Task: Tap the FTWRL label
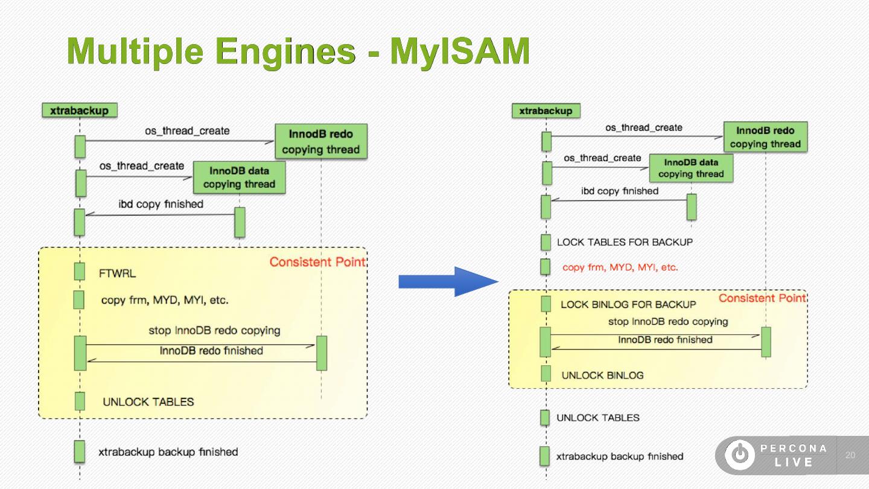point(118,273)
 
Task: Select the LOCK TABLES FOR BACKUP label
point(625,242)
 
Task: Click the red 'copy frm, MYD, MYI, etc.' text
point(620,267)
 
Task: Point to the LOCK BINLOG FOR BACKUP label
point(628,304)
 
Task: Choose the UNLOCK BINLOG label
point(602,375)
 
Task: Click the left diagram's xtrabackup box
point(79,110)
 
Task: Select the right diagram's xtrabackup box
point(546,111)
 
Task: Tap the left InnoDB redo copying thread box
point(320,142)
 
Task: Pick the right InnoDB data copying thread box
point(691,168)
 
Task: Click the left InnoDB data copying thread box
point(239,177)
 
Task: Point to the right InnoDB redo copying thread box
point(765,137)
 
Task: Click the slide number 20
point(851,455)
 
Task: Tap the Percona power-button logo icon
point(739,455)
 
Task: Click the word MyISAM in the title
point(460,51)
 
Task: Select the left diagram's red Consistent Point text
point(317,262)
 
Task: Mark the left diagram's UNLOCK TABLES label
point(148,402)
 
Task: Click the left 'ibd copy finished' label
point(161,204)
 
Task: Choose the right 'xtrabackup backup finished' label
point(619,456)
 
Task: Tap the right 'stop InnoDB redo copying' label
point(668,321)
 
